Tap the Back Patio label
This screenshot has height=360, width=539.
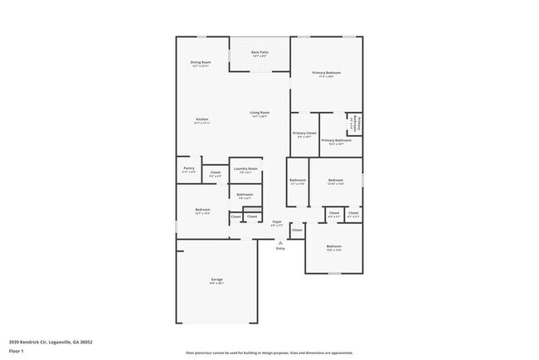point(260,54)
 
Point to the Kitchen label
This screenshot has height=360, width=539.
point(202,120)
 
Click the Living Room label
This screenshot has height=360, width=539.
point(260,114)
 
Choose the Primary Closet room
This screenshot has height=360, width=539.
point(304,134)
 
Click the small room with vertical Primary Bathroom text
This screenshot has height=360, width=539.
point(353,122)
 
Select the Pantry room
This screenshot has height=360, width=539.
point(188,170)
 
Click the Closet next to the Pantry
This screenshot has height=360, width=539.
point(215,173)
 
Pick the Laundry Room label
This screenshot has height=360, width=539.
point(245,170)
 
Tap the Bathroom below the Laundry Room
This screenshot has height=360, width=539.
point(245,197)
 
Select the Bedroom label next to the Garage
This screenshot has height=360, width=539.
point(202,211)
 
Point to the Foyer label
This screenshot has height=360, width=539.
point(276,224)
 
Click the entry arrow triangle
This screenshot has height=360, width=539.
point(279,242)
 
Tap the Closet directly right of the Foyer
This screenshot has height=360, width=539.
point(297,230)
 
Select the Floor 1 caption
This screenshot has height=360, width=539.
point(17,349)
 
